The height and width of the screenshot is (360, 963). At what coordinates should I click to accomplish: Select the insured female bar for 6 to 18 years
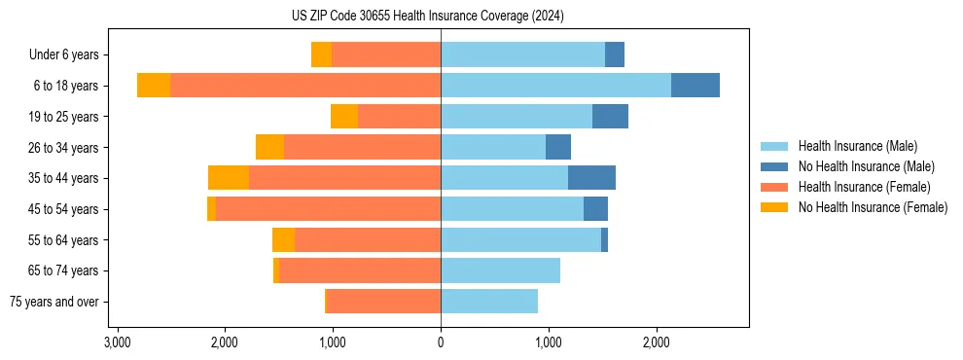(x=305, y=86)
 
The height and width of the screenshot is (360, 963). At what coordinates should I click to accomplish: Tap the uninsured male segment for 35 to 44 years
(x=591, y=178)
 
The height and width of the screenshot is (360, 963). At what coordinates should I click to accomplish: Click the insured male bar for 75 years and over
(x=489, y=302)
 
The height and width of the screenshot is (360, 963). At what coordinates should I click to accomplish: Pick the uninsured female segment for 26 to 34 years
(x=269, y=147)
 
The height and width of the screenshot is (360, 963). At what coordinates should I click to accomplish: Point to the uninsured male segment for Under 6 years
(x=615, y=54)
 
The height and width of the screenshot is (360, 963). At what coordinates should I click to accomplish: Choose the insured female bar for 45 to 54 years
(x=328, y=209)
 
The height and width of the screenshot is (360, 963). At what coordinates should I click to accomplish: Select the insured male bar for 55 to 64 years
(x=520, y=240)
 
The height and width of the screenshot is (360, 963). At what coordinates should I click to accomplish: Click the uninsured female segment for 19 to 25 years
(x=344, y=117)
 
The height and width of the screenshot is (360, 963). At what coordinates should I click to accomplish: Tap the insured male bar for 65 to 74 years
(x=500, y=270)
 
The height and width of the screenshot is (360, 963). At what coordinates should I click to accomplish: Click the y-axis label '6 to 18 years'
(x=65, y=86)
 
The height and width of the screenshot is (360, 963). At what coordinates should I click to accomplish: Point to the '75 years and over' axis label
(x=53, y=302)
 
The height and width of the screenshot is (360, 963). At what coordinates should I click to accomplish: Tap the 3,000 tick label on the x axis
(x=117, y=342)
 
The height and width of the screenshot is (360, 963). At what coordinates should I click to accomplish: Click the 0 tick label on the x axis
(x=441, y=342)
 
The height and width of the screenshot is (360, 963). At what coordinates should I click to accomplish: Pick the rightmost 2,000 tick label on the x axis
(x=657, y=342)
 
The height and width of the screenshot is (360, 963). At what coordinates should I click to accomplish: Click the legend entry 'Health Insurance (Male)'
(x=857, y=146)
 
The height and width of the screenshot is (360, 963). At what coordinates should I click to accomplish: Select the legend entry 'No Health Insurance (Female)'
(x=873, y=207)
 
